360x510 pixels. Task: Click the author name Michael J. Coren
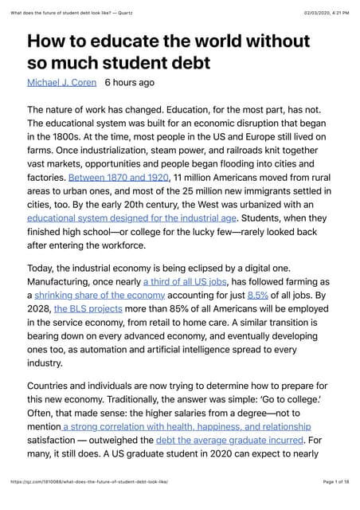tap(62, 82)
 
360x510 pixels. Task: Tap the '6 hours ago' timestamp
tap(129, 82)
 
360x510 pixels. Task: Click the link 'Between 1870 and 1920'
tap(118, 176)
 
